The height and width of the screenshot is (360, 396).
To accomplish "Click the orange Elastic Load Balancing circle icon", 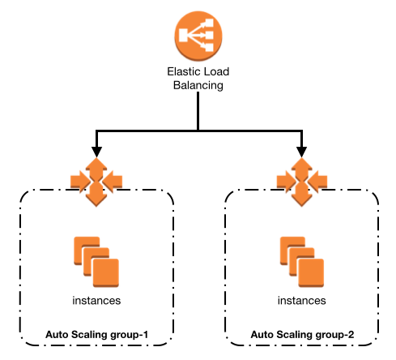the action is click(x=198, y=36).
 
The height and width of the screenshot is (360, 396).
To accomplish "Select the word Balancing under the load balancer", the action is click(x=198, y=85).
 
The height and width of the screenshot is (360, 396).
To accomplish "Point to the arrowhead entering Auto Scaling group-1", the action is click(x=96, y=152).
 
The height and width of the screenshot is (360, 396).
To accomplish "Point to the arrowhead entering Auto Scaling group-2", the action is click(x=301, y=152).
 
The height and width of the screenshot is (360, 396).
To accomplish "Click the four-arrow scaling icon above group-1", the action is click(x=96, y=182).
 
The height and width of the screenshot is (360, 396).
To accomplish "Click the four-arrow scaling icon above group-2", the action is click(x=302, y=182).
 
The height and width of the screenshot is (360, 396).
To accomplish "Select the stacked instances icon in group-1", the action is click(x=96, y=262).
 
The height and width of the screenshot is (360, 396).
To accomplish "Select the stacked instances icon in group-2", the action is click(x=302, y=262).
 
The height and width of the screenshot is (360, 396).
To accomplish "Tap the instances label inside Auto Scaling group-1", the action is click(x=96, y=301).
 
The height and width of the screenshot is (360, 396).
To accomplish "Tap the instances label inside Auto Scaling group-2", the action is click(x=302, y=301).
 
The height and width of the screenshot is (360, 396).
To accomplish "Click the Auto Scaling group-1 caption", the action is click(x=97, y=335).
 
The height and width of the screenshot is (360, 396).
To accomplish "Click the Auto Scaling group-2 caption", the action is click(x=302, y=335).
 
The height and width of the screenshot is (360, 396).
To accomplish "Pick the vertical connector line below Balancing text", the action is click(x=198, y=111).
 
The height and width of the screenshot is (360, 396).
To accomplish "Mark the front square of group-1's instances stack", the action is click(x=106, y=272).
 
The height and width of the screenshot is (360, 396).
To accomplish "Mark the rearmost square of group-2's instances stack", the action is click(x=292, y=251).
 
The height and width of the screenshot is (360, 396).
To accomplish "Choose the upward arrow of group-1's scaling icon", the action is click(x=96, y=168).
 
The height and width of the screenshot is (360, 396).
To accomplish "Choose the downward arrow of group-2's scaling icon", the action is click(x=302, y=195).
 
